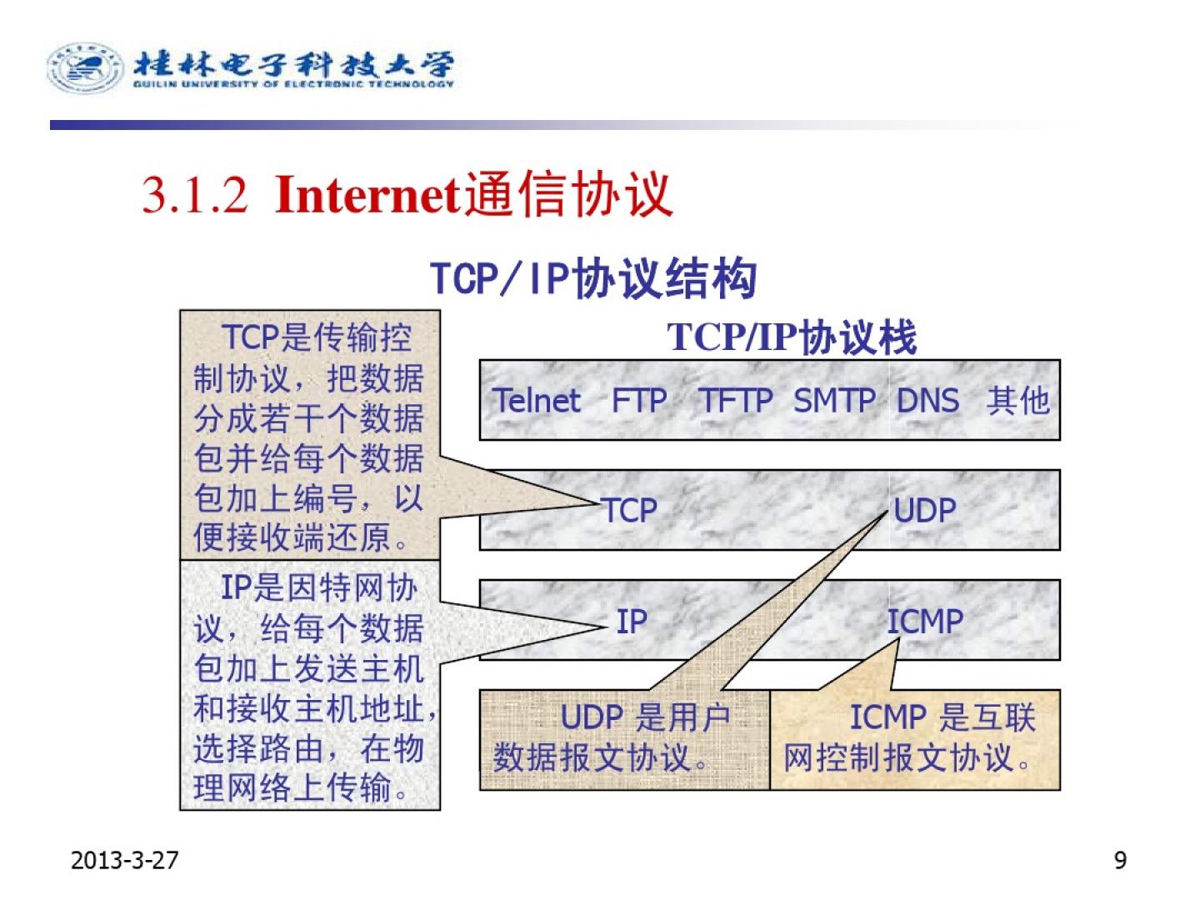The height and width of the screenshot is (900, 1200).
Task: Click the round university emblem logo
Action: (x=85, y=67)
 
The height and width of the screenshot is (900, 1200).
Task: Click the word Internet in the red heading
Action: (x=367, y=194)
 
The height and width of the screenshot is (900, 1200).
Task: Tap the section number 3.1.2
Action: (x=194, y=195)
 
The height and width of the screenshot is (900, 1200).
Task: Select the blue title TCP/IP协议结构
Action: (x=593, y=278)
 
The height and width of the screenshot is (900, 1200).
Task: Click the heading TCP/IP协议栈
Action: (x=791, y=337)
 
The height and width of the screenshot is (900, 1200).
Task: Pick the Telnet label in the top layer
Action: (x=536, y=400)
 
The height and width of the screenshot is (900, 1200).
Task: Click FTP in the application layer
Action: (x=639, y=400)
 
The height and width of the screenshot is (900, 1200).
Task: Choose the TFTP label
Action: (x=736, y=400)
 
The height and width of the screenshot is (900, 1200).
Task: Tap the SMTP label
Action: (x=833, y=400)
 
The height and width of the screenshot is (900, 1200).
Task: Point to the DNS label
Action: (x=927, y=400)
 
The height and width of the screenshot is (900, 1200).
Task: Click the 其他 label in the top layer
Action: (x=1017, y=400)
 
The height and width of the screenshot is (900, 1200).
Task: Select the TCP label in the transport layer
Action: (x=628, y=510)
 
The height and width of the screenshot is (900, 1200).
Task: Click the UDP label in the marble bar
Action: (x=924, y=510)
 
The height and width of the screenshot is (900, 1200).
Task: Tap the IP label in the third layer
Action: (x=632, y=622)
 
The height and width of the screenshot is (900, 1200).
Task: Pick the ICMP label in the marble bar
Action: (x=924, y=622)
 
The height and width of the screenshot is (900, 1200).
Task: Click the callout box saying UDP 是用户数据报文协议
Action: (x=624, y=740)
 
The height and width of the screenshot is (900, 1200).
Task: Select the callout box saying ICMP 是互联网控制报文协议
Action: (x=915, y=740)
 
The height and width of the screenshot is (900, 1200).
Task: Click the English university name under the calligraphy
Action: (x=293, y=84)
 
